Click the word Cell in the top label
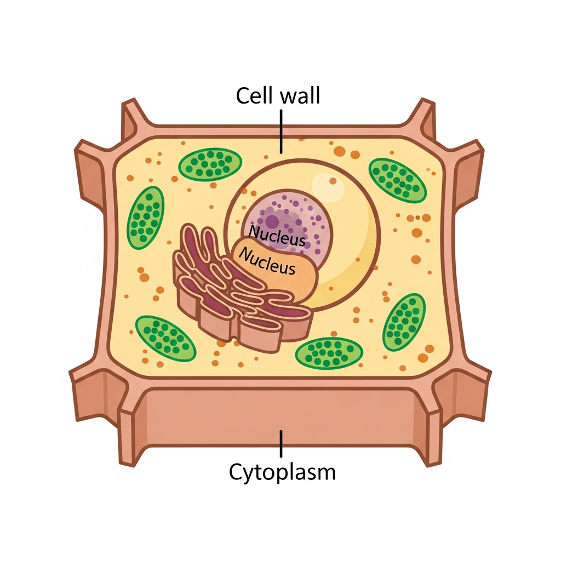[x=255, y=96]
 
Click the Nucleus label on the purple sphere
[x=277, y=235]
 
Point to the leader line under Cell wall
[x=281, y=131]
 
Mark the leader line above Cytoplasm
[x=281, y=443]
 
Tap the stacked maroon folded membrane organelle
[x=219, y=285]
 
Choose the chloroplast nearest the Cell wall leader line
[x=210, y=163]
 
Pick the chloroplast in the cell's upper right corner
[x=397, y=179]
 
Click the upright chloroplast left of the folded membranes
[x=146, y=217]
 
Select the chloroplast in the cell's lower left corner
[x=165, y=337]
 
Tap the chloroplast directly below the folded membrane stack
[x=329, y=352]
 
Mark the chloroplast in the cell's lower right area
[x=404, y=322]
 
